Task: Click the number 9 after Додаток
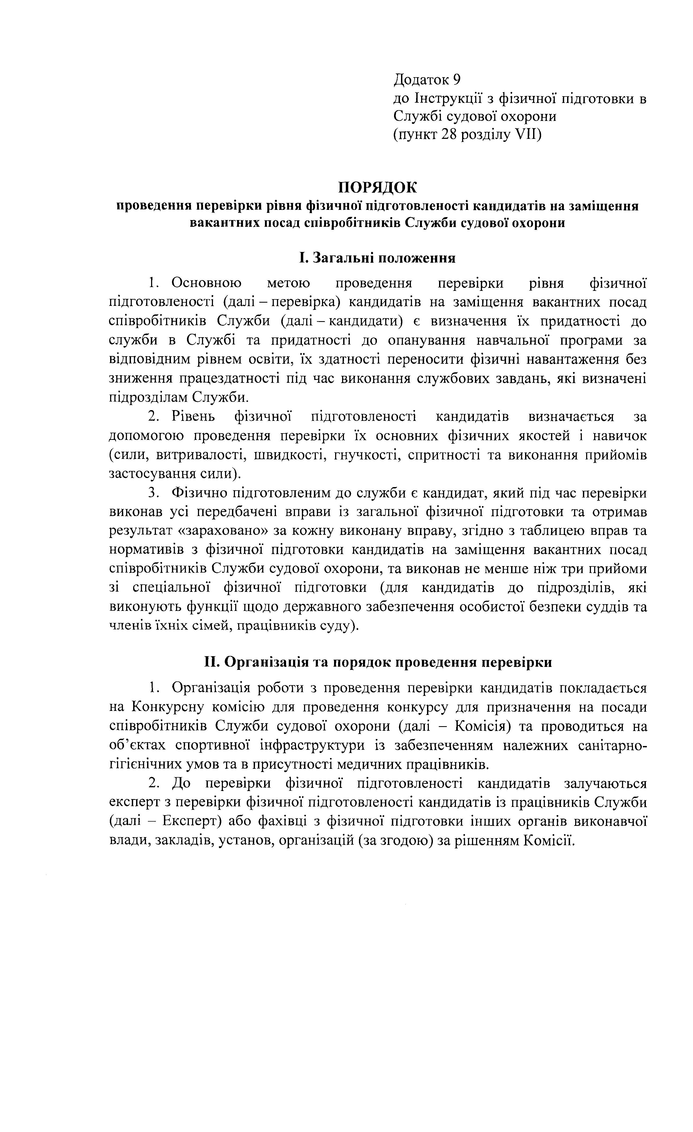tap(456, 80)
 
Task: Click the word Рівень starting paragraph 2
tap(192, 416)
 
